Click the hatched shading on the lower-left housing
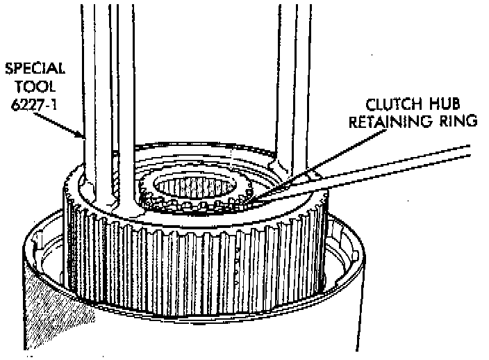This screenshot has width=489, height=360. [x=59, y=313]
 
